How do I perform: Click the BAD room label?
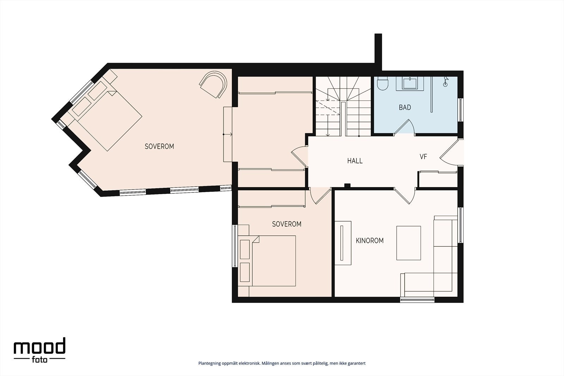(405, 107)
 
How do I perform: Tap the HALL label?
(355, 161)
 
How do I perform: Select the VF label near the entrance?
(423, 157)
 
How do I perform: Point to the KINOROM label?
(370, 241)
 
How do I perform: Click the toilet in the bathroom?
(383, 83)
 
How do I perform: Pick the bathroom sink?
(410, 84)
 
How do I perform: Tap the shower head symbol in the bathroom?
(446, 81)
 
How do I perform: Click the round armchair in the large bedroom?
(214, 84)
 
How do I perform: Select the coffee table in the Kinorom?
(409, 243)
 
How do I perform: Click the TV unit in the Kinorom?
(343, 243)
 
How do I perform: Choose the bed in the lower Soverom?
(267, 261)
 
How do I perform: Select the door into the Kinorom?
(405, 196)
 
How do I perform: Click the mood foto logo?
(39, 350)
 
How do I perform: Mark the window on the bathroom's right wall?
(460, 110)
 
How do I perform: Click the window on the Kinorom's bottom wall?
(417, 300)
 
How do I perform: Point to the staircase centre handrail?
(343, 119)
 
